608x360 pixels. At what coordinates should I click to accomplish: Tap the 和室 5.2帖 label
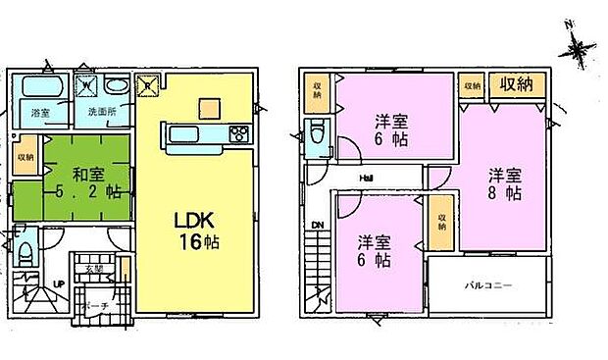85,183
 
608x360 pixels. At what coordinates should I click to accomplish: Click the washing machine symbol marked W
86,85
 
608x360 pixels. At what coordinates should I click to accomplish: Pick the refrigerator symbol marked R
147,84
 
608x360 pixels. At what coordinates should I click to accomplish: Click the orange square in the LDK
208,107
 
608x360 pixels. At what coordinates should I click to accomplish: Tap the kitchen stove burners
238,134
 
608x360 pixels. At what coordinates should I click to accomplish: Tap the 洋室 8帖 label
503,184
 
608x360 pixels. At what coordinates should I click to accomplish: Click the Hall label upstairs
365,178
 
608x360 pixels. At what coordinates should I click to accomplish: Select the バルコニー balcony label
488,284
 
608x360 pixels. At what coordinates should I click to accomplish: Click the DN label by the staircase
317,226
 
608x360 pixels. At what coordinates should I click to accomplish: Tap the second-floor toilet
316,136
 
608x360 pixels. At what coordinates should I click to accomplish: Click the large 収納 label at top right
517,85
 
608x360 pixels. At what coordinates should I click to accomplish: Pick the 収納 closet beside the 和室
25,156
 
